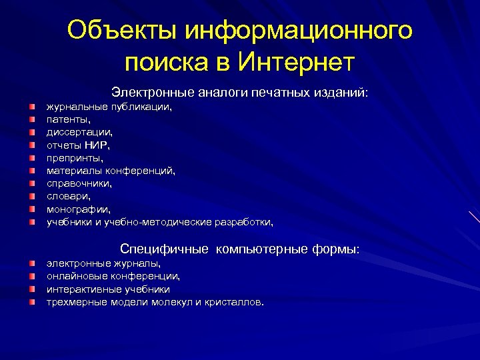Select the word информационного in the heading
[x=299, y=30]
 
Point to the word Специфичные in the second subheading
[x=164, y=249]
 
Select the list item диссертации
[x=75, y=132]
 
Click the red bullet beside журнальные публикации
[x=31, y=106]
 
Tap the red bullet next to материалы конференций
[x=31, y=171]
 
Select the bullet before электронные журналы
[x=31, y=264]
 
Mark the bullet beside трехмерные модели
[x=31, y=303]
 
